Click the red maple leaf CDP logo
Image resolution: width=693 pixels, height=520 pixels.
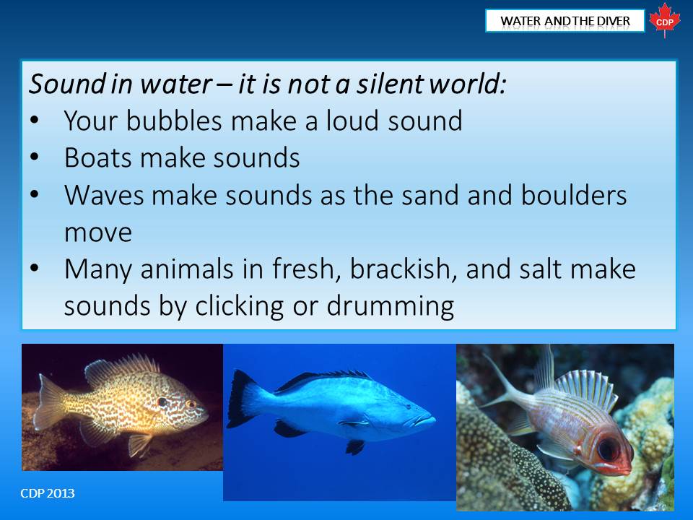pyautogui.click(x=665, y=20)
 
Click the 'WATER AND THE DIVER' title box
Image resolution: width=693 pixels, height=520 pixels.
pyautogui.click(x=565, y=21)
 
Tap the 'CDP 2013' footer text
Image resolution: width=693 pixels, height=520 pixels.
pyautogui.click(x=48, y=493)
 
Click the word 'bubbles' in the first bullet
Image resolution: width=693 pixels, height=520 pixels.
pyautogui.click(x=174, y=121)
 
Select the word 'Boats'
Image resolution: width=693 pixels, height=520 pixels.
pyautogui.click(x=97, y=157)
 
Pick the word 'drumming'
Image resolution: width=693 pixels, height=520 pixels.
pyautogui.click(x=391, y=306)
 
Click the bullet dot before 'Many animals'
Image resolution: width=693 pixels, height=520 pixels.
pyautogui.click(x=35, y=268)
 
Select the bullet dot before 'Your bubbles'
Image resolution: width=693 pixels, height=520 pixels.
pyautogui.click(x=35, y=120)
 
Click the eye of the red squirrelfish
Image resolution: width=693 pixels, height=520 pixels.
pyautogui.click(x=607, y=450)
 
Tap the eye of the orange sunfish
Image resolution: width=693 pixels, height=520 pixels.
pyautogui.click(x=191, y=404)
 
